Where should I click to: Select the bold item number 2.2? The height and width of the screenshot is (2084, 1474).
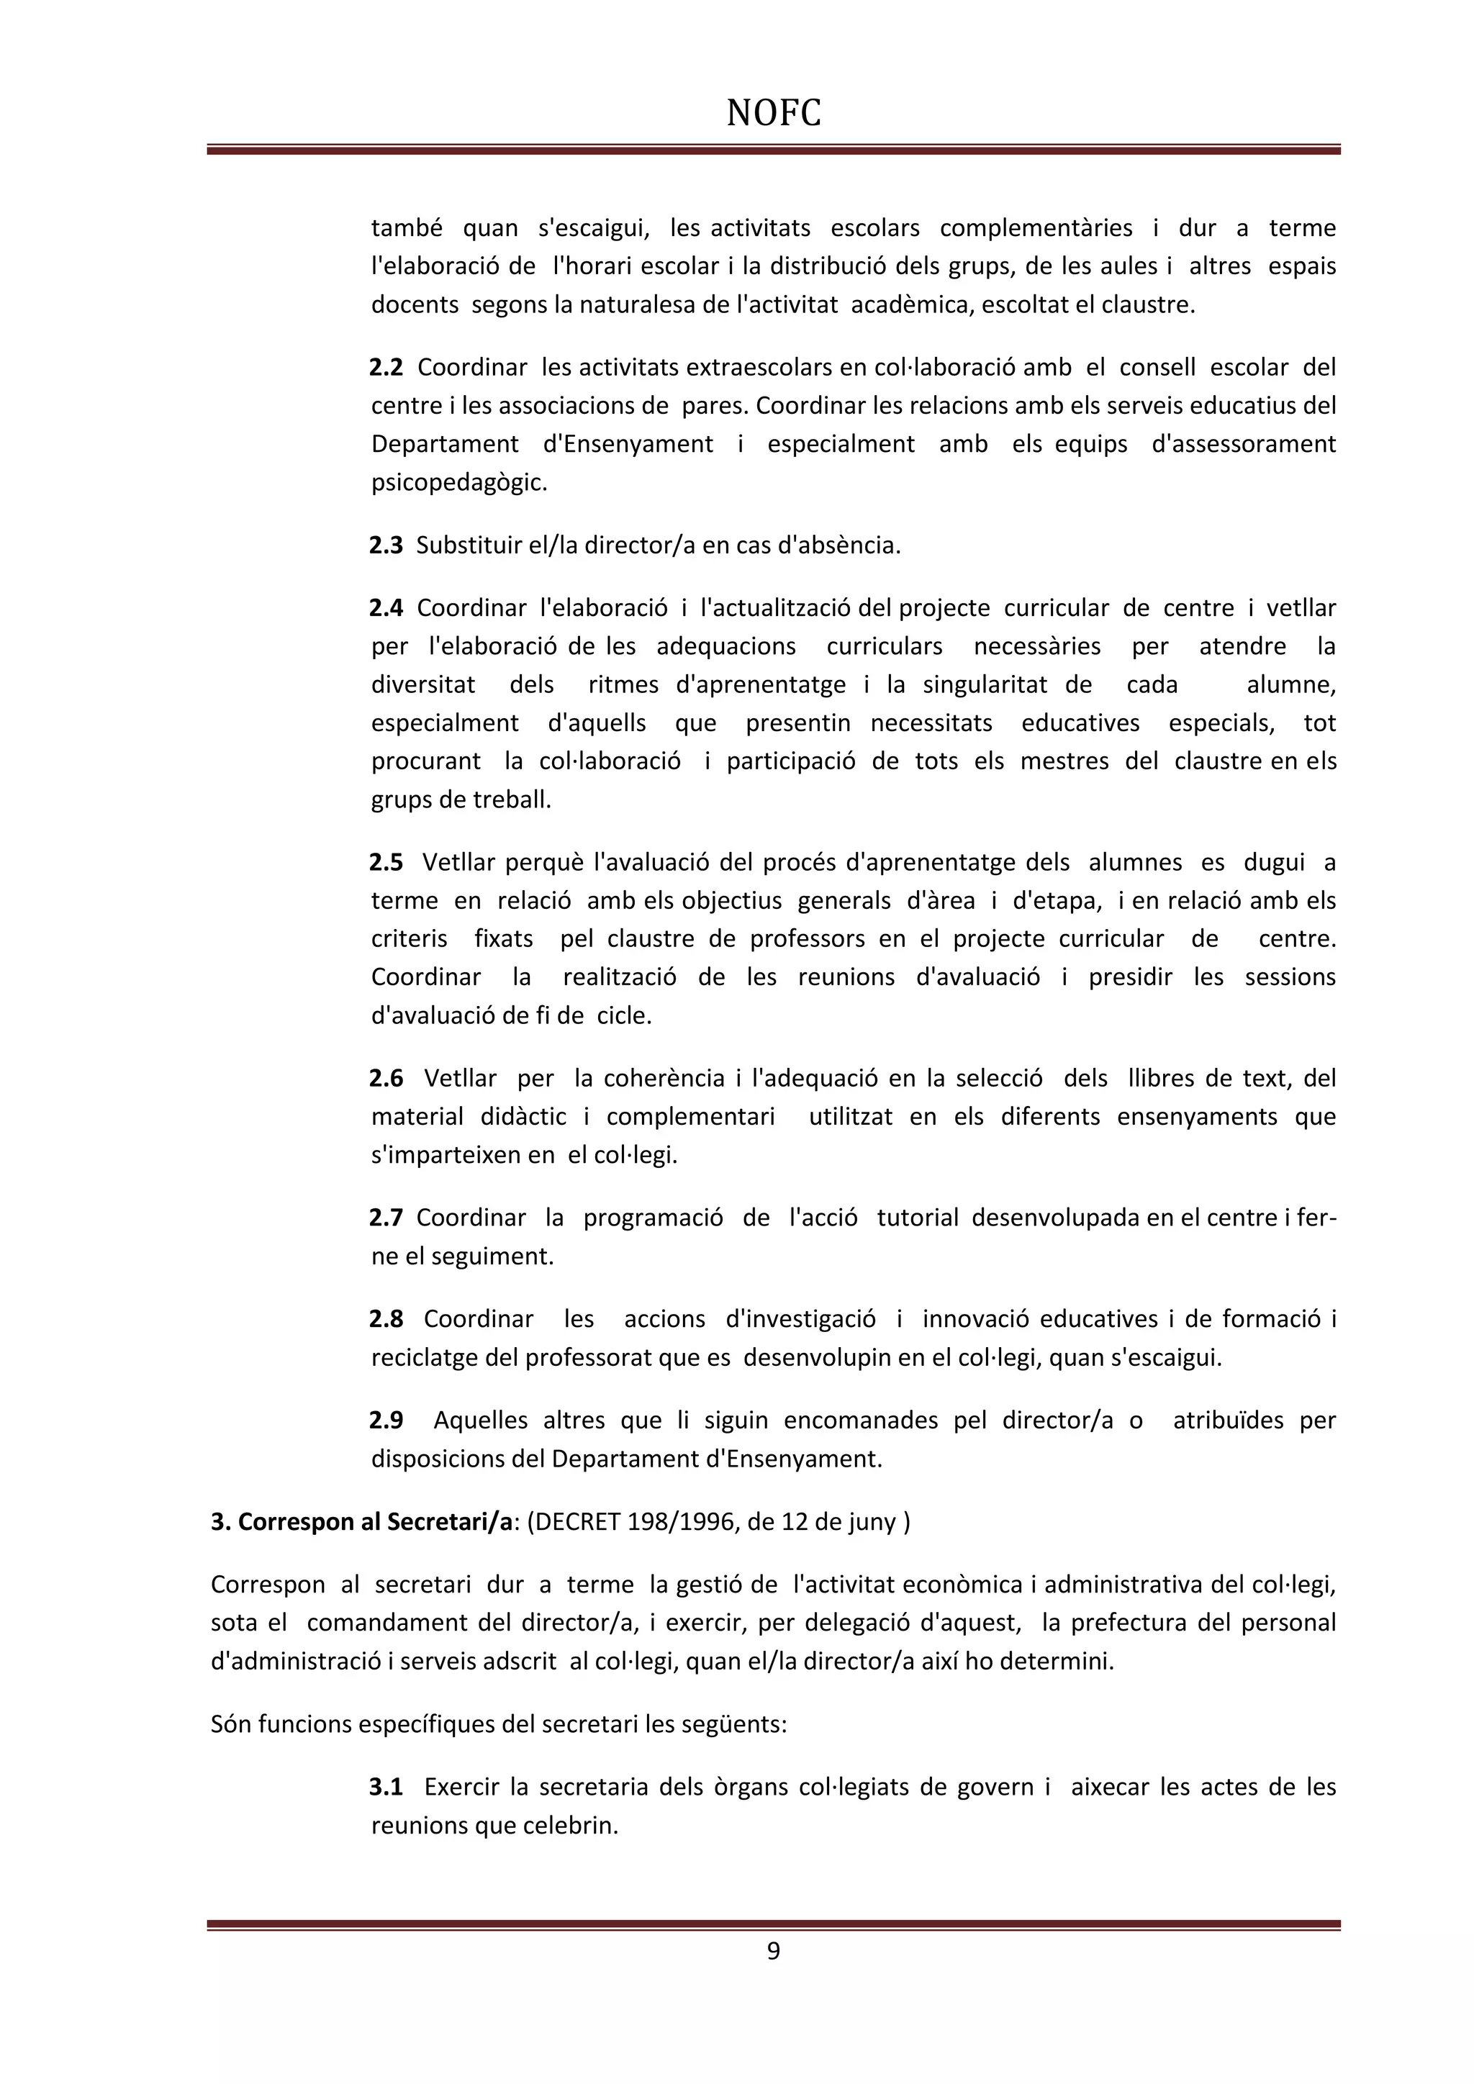coord(386,368)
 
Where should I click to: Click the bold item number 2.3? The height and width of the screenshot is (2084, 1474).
coord(386,545)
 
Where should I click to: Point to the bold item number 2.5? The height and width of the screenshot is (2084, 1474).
coord(386,862)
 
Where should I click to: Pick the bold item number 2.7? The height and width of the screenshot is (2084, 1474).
coord(386,1218)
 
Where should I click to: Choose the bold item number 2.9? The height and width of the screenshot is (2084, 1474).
coord(386,1420)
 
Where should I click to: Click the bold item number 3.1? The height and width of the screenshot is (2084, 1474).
coord(386,1788)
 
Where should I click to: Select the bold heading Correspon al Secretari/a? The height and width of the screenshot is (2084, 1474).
coord(361,1522)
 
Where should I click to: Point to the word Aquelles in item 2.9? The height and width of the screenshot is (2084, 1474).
coord(480,1420)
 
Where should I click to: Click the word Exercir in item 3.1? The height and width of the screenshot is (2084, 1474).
coord(463,1788)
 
